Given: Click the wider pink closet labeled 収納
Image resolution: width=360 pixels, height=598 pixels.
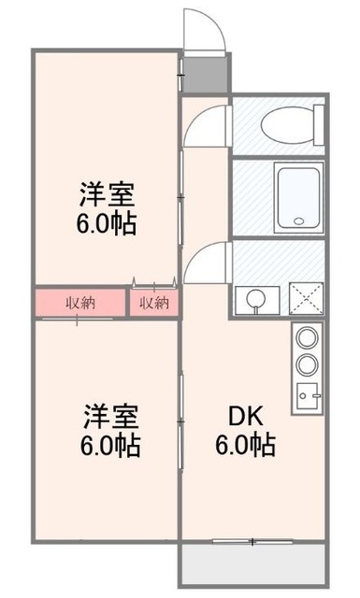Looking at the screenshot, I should [79, 302].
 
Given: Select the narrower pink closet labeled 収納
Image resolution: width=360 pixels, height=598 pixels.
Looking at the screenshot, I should [153, 302].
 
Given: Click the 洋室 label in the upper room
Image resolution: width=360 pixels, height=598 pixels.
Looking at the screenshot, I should [108, 196].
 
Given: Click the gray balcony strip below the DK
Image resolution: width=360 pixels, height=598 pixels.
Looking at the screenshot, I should [253, 566].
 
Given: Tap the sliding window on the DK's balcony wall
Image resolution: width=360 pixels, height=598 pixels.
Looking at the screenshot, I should [252, 542].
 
